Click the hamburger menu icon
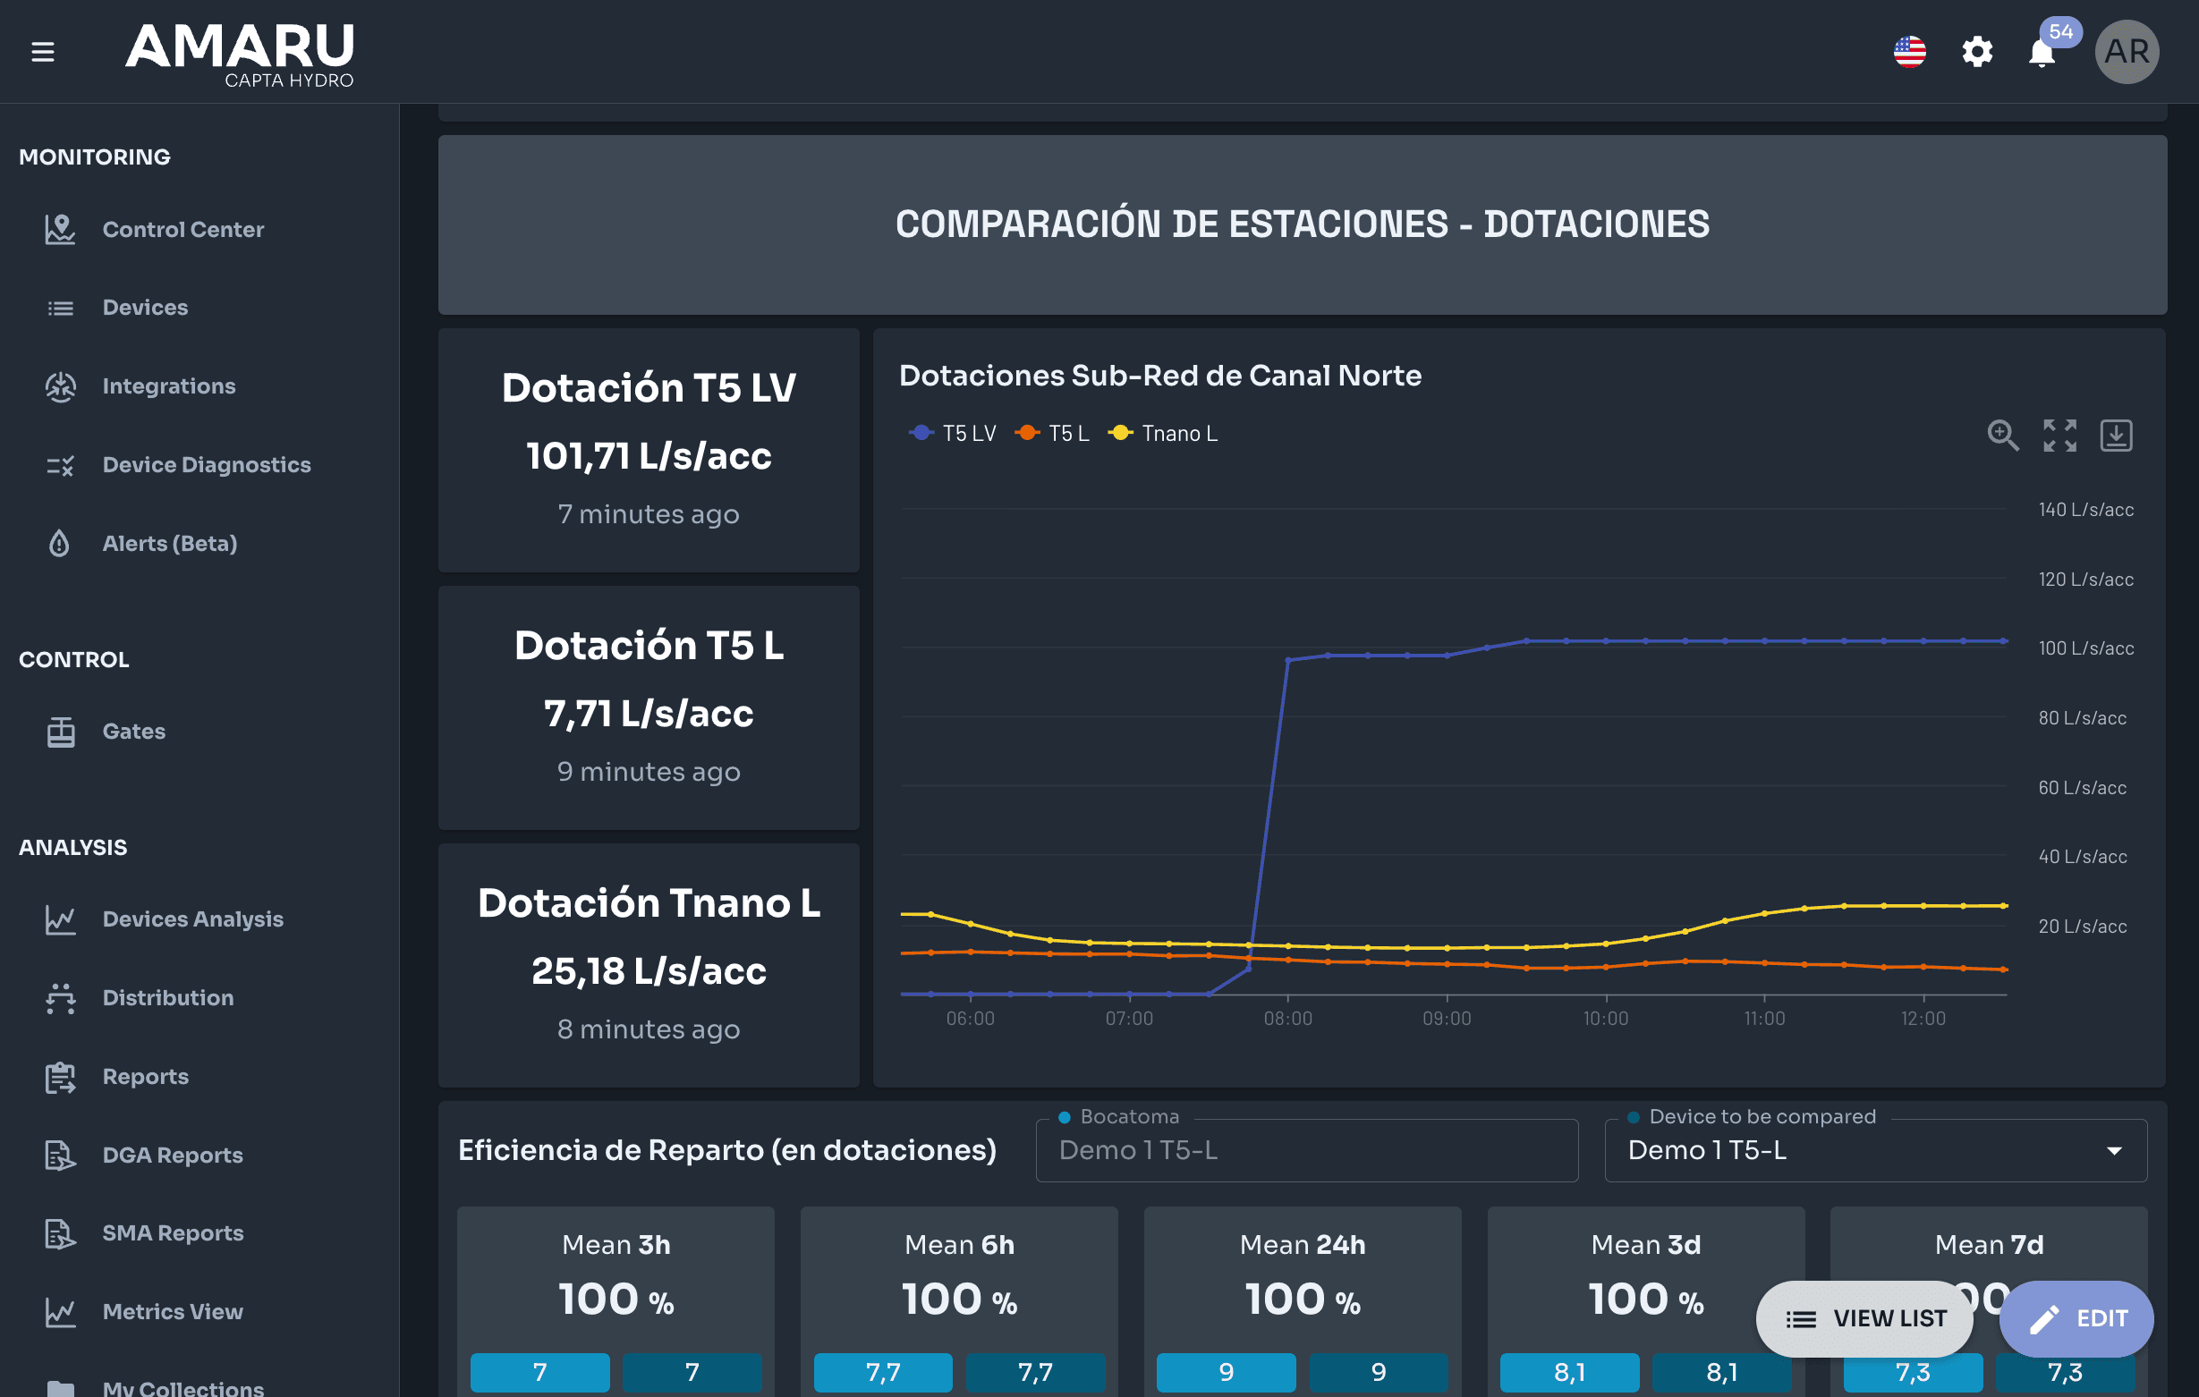[x=43, y=52]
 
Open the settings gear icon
[x=1977, y=52]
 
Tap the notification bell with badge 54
[x=2042, y=52]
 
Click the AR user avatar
[x=2127, y=52]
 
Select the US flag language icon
[x=1909, y=52]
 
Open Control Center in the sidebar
[x=183, y=229]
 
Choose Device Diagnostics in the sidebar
[x=207, y=465]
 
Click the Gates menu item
[x=133, y=732]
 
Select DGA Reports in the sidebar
[x=173, y=1155]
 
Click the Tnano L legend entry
[x=1162, y=434]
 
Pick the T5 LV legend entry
[x=953, y=434]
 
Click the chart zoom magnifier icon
[x=2003, y=436]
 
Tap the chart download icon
[x=2116, y=436]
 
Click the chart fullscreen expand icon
[x=2059, y=436]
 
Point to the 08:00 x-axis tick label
[x=1287, y=1018]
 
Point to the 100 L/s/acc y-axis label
[x=2085, y=648]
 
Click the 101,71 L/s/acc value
[x=649, y=455]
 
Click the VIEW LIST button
[x=1864, y=1318]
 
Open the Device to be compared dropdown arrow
[x=2114, y=1150]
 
